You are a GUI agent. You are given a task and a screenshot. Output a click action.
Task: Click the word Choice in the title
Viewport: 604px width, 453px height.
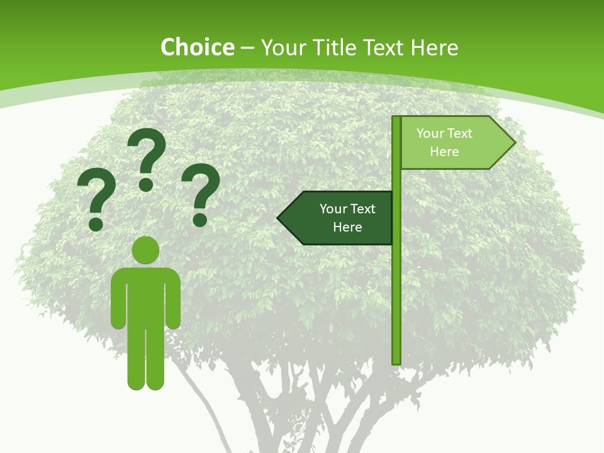pyautogui.click(x=197, y=47)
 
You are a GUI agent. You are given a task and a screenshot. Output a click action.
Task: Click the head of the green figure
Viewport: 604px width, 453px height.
pyautogui.click(x=145, y=250)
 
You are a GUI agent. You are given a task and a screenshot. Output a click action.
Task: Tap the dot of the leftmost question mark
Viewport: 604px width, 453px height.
pyautogui.click(x=96, y=224)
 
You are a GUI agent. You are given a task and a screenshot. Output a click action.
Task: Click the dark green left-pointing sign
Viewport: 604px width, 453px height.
pyautogui.click(x=340, y=218)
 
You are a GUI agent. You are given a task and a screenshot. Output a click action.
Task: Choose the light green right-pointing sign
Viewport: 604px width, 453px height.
pyautogui.click(x=453, y=143)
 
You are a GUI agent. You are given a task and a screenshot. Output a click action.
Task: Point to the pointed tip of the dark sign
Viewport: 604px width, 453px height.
pyautogui.click(x=280, y=218)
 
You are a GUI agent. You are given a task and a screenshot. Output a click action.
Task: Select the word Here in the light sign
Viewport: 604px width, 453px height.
pyautogui.click(x=444, y=152)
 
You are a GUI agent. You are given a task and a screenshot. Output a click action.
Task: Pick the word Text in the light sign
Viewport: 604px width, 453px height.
pyautogui.click(x=460, y=133)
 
